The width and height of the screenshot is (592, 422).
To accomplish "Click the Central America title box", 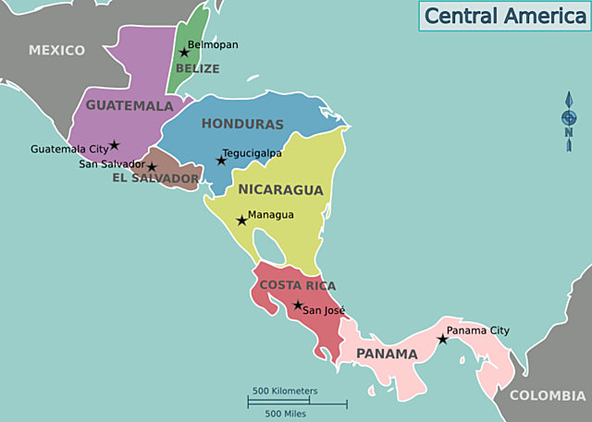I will pos(503,16).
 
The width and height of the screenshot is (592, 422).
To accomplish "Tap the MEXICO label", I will pos(56,50).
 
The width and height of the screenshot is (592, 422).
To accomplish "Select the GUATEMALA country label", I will pos(129,105).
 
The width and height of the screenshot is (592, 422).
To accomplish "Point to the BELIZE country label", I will pos(198,68).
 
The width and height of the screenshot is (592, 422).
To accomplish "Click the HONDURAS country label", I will pos(242,124).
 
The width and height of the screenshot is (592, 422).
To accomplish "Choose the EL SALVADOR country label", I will pos(155,177).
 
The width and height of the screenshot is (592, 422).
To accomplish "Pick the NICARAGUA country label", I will pos(281,190).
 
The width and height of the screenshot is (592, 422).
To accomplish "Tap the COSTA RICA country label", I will pos(298,285).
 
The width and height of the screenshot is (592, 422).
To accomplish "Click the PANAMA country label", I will pos(387,354).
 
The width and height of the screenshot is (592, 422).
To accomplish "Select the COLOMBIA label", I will pos(548,395).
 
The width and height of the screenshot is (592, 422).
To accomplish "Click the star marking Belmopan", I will pos(184,53).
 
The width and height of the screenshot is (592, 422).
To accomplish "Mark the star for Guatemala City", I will pos(114,145).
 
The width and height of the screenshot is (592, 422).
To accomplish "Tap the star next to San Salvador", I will pos(152,167).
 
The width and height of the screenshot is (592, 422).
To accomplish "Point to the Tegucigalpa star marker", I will pos(221,161).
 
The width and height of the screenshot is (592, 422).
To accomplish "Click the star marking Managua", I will pos(241,220).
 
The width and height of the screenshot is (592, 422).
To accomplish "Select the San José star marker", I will pos(297,306).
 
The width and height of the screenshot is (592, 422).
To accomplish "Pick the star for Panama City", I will pos(442,340).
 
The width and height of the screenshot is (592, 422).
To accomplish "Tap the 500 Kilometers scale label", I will pos(285,391).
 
